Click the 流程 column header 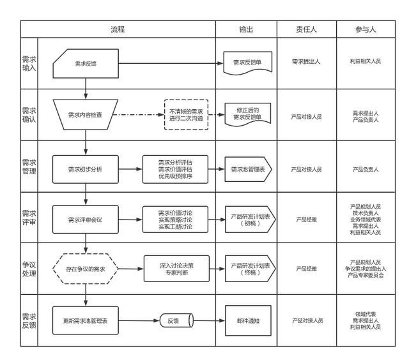(x=118, y=29)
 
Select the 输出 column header (x=246, y=29)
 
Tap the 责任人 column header (x=306, y=29)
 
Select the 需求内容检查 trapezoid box (x=86, y=115)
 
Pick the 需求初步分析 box (x=86, y=169)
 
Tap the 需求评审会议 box (x=86, y=220)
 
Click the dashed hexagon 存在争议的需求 (x=86, y=270)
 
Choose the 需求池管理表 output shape (x=248, y=169)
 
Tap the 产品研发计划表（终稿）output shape (x=248, y=270)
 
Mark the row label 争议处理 (x=29, y=270)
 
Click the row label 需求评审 (x=29, y=218)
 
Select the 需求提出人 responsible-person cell (x=306, y=62)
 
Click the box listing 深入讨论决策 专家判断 (x=176, y=270)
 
